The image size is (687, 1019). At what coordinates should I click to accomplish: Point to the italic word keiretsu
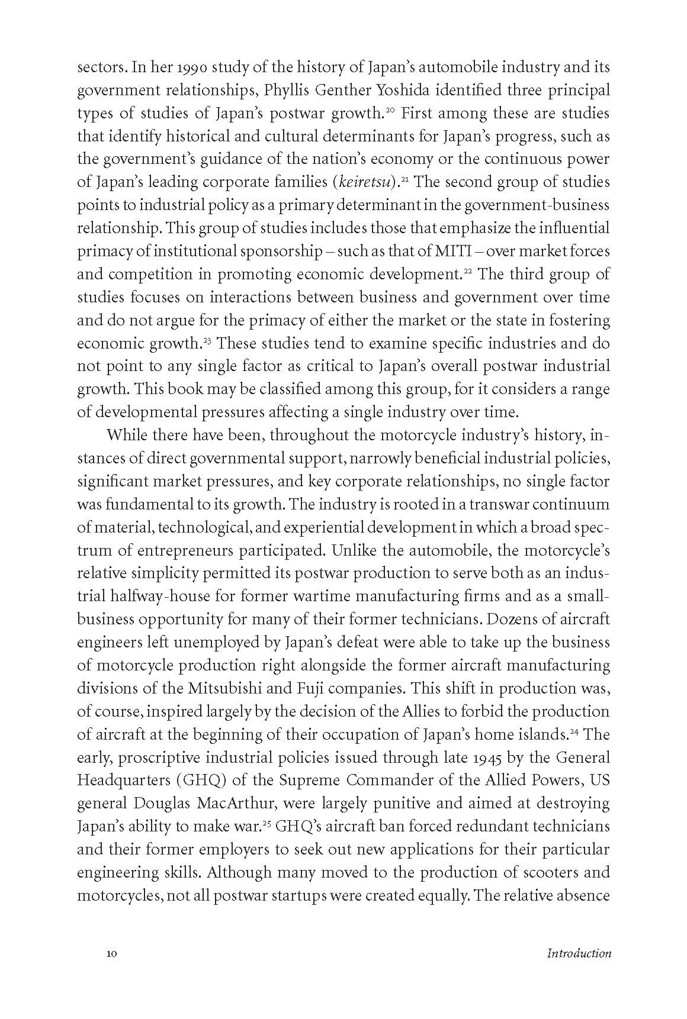click(368, 182)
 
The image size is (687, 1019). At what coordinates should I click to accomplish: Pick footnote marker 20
click(390, 109)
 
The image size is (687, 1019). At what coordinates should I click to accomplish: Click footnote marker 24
click(574, 731)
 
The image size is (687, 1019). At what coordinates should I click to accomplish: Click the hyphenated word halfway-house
click(150, 596)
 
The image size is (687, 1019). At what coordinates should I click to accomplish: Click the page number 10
click(112, 954)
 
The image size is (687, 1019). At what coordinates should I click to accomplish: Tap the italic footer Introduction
click(579, 954)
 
